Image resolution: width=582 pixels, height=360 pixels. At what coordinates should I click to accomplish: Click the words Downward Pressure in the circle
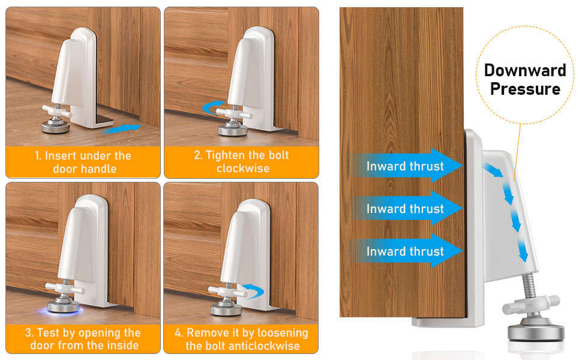[x=525, y=79]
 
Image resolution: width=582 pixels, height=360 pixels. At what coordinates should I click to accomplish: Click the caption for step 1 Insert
[x=83, y=162]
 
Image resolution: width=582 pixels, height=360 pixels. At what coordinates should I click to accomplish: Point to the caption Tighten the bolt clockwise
[x=241, y=162]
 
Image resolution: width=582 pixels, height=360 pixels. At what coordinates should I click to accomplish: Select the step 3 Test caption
[x=83, y=339]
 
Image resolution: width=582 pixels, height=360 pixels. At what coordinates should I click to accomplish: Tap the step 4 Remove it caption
[x=241, y=339]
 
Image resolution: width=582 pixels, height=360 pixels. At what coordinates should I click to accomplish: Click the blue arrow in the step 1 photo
[x=127, y=127]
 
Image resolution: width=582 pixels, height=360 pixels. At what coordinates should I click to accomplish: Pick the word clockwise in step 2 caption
[x=241, y=169]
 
